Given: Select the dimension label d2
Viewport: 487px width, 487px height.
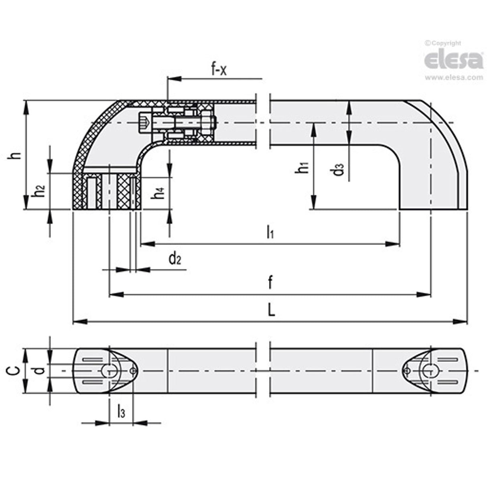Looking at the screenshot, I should pyautogui.click(x=175, y=259).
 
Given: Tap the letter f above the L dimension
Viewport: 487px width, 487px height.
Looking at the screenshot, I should pyautogui.click(x=270, y=283).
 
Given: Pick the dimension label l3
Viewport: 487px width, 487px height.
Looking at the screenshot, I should pyautogui.click(x=121, y=411).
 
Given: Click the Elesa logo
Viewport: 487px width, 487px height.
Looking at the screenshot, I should pyautogui.click(x=454, y=60).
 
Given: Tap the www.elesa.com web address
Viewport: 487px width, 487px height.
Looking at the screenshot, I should pyautogui.click(x=454, y=78).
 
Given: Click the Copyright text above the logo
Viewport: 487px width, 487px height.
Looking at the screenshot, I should pyautogui.click(x=443, y=43).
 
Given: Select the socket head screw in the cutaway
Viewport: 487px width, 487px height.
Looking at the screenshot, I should pyautogui.click(x=145, y=122).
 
